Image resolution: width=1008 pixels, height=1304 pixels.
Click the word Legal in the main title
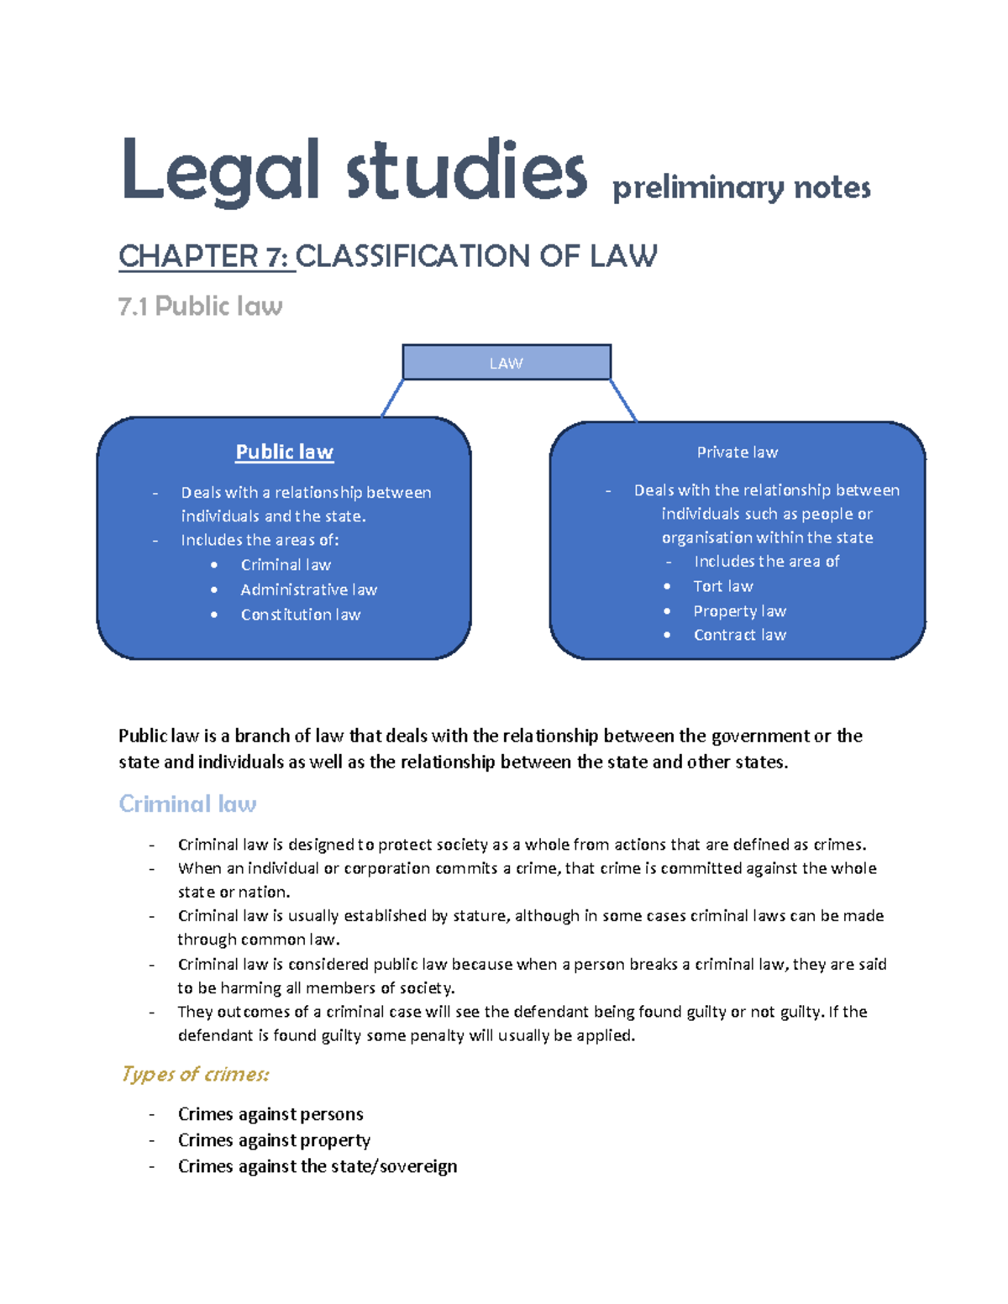point(220,171)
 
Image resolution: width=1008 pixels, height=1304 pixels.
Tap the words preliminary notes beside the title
point(741,187)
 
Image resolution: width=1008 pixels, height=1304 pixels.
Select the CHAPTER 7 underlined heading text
point(207,256)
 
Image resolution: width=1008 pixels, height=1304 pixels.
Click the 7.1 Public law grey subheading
point(200,306)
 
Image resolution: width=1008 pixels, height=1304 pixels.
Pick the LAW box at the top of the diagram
point(506,363)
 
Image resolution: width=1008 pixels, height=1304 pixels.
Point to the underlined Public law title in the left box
point(284,452)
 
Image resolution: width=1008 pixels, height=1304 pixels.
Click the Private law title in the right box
point(737,453)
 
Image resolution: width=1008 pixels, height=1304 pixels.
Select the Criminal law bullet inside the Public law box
point(286,565)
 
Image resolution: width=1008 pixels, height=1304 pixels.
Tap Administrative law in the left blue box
point(308,589)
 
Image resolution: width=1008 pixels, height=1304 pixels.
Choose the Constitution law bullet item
point(300,615)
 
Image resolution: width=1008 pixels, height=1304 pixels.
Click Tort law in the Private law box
point(722,586)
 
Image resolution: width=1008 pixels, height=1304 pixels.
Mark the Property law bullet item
point(739,611)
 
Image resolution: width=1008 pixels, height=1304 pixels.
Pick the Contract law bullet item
point(739,635)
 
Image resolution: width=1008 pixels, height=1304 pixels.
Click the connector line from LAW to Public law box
point(392,399)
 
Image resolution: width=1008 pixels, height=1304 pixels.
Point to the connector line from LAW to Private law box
point(623,401)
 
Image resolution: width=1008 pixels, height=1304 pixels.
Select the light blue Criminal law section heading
point(187,804)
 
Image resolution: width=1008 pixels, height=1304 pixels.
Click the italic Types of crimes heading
point(195,1074)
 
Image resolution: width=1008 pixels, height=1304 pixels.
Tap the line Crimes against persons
point(270,1114)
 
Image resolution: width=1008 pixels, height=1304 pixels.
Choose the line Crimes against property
point(274,1140)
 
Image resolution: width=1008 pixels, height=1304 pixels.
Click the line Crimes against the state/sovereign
point(318,1166)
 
